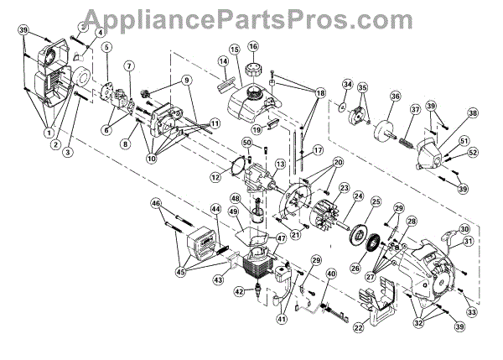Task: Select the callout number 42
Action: pyautogui.click(x=240, y=291)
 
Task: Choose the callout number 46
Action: pyautogui.click(x=156, y=203)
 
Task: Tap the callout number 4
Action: pyautogui.click(x=101, y=34)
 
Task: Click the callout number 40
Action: pyautogui.click(x=331, y=274)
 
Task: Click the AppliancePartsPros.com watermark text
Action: pyautogui.click(x=251, y=14)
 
